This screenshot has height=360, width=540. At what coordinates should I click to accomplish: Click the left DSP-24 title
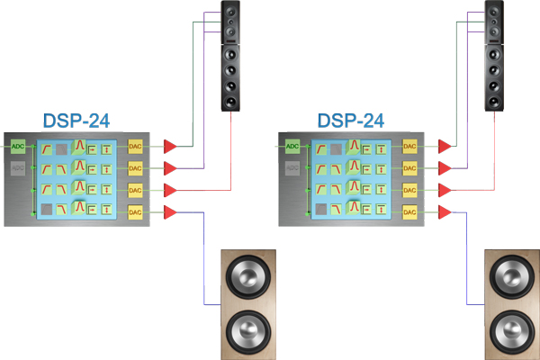(76, 120)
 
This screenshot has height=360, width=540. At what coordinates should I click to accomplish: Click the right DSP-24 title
(351, 120)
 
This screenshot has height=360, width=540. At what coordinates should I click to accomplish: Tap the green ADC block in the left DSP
(18, 145)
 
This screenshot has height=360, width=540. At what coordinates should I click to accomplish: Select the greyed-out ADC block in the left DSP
(18, 168)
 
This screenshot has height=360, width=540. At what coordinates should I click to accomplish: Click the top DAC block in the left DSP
(135, 145)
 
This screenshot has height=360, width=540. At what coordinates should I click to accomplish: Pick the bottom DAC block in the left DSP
(135, 211)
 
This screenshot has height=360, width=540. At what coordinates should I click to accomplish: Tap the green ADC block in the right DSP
(292, 145)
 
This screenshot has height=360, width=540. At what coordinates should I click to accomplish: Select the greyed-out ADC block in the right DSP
(292, 168)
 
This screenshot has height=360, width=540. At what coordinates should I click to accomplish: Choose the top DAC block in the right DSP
(409, 145)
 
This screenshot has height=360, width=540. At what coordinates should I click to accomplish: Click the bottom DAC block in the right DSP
(409, 211)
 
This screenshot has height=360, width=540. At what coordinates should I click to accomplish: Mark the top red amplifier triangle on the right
(444, 145)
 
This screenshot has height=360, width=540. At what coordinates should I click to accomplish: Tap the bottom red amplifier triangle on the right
(444, 211)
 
